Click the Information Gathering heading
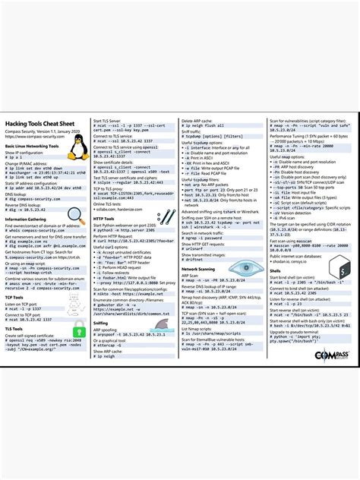[26, 219]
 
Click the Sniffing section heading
[100, 322]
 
